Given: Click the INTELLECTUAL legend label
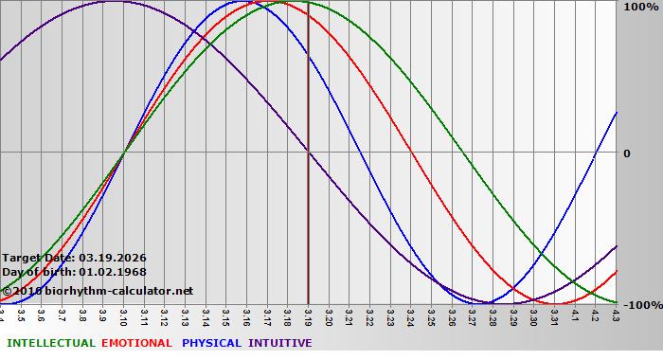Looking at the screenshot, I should [50, 343].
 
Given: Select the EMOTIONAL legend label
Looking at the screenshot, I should [136, 343].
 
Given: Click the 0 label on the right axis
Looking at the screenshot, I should [625, 153].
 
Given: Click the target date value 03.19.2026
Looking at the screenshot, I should [113, 258].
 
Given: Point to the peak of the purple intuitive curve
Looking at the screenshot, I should [113, 2].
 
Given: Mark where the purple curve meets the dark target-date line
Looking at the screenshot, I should [308, 153].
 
